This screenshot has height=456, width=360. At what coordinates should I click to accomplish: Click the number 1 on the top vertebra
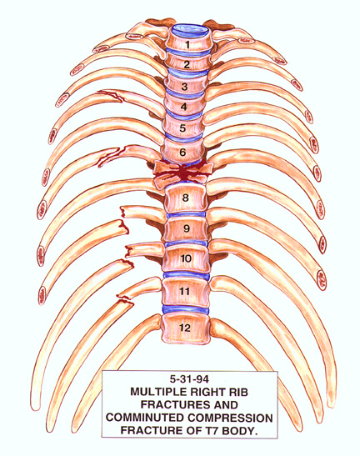click(x=187, y=45)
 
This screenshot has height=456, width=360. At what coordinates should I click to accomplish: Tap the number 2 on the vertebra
click(x=187, y=64)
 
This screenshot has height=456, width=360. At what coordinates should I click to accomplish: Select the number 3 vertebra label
click(x=184, y=87)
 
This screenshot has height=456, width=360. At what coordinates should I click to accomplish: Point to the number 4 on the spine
click(x=184, y=107)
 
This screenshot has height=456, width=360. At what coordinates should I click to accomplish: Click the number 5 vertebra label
click(x=182, y=128)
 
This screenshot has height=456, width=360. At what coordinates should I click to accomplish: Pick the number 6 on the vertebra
click(x=182, y=152)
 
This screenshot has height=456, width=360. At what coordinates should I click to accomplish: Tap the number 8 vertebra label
click(x=186, y=198)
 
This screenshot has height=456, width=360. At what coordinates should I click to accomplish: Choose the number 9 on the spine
click(x=187, y=228)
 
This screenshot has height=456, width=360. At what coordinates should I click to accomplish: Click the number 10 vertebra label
click(x=186, y=258)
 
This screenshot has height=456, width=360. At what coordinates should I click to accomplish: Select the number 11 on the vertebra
click(x=185, y=292)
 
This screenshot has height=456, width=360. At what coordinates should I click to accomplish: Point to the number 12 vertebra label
click(x=185, y=328)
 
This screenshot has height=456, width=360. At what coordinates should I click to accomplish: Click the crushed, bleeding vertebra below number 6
click(x=182, y=173)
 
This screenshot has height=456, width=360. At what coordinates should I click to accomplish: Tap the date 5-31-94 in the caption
click(x=190, y=379)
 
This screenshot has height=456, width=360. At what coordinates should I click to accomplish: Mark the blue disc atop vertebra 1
click(x=190, y=32)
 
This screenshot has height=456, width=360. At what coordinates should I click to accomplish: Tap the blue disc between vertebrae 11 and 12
click(x=186, y=310)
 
